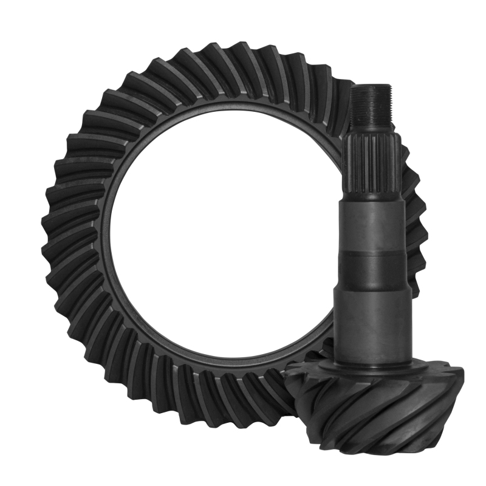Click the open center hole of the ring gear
[219, 243]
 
